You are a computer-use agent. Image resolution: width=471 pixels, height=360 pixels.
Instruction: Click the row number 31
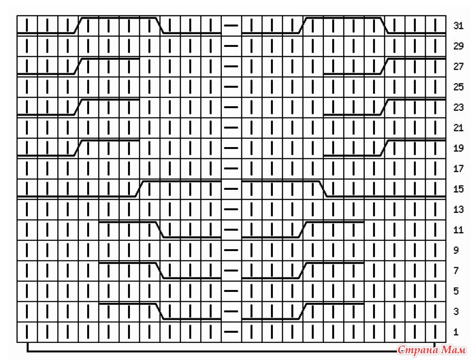pyautogui.click(x=458, y=26)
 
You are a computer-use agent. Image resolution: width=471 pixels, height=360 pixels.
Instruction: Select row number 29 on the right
pyautogui.click(x=458, y=46)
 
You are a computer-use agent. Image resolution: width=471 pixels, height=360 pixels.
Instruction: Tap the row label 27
pyautogui.click(x=458, y=67)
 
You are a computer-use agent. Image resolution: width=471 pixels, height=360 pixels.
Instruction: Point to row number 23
pyautogui.click(x=458, y=108)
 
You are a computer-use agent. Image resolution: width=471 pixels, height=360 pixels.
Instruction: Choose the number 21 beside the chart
pyautogui.click(x=458, y=128)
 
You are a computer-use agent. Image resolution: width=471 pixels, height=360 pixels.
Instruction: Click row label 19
pyautogui.click(x=458, y=148)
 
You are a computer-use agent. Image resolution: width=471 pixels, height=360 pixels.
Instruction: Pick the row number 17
pyautogui.click(x=458, y=169)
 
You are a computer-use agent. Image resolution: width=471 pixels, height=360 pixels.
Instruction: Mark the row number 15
pyautogui.click(x=458, y=189)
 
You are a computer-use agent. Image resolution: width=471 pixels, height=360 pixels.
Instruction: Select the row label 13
pyautogui.click(x=458, y=210)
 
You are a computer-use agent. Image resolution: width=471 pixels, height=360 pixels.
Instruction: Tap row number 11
pyautogui.click(x=458, y=230)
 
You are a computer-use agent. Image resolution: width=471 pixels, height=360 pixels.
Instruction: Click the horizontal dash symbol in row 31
pyautogui.click(x=231, y=26)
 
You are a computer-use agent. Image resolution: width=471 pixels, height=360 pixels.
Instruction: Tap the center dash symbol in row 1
pyautogui.click(x=231, y=332)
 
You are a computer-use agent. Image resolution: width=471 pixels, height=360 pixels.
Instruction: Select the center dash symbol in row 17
pyautogui.click(x=231, y=169)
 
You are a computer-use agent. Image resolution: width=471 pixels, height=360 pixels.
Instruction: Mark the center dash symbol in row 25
pyautogui.click(x=231, y=87)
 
